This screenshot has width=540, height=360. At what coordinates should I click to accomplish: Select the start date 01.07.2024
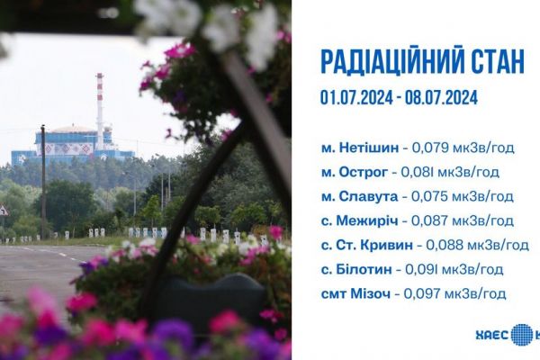pyautogui.click(x=356, y=97)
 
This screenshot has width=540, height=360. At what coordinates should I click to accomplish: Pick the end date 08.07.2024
pyautogui.click(x=442, y=97)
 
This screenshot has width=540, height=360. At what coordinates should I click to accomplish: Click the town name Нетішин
pyautogui.click(x=369, y=148)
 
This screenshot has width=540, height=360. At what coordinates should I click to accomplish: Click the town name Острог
pyautogui.click(x=364, y=172)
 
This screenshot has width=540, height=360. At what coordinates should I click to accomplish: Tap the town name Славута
pyautogui.click(x=368, y=196)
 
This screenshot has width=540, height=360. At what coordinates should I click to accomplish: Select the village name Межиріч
pyautogui.click(x=367, y=220)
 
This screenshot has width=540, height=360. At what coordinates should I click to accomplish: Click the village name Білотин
pyautogui.click(x=364, y=269)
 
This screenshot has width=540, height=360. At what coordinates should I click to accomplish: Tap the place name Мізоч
pyautogui.click(x=371, y=293)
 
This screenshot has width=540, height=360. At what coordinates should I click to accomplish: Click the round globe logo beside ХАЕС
pyautogui.click(x=522, y=335)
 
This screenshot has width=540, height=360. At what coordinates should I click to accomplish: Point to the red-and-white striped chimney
pyautogui.click(x=100, y=110)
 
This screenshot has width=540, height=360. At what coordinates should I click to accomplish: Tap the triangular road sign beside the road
pyautogui.click(x=4, y=211)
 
